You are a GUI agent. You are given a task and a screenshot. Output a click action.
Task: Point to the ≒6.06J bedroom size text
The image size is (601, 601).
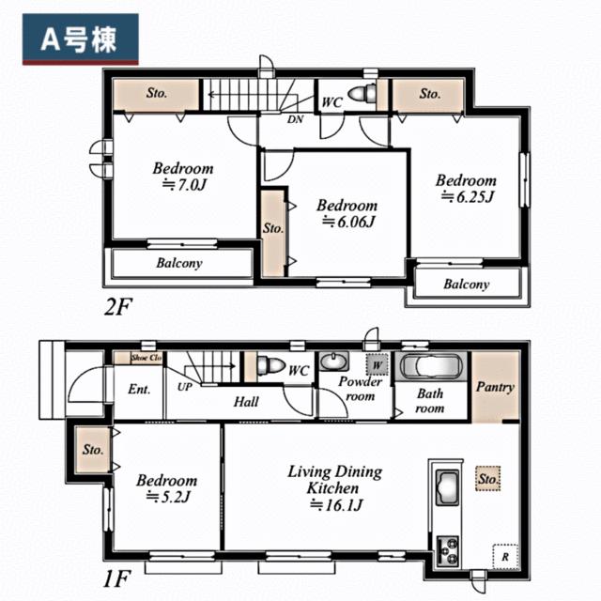[x=347, y=222]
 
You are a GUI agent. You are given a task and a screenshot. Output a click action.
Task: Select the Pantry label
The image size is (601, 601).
[x=494, y=387]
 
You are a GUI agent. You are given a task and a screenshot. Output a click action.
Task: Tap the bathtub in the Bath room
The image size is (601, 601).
[x=430, y=367]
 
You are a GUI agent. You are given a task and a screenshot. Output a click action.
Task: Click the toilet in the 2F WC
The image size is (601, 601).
[x=362, y=93]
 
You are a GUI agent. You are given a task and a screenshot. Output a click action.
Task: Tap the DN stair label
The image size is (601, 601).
[x=294, y=119]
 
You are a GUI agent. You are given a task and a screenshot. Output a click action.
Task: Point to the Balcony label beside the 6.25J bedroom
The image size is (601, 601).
[x=466, y=285]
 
